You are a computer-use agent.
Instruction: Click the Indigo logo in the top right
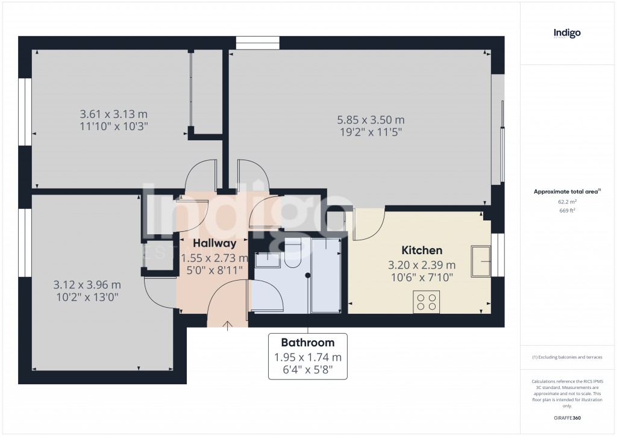click(566, 34)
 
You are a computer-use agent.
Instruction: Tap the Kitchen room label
click(422, 250)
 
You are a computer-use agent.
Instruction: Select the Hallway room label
click(214, 243)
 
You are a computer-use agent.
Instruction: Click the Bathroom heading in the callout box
click(307, 343)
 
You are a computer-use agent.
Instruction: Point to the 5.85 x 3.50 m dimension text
click(371, 120)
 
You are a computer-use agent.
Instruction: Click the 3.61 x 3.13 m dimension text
click(114, 114)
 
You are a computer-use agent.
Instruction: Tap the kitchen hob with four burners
click(426, 301)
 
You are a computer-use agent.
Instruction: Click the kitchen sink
click(481, 258)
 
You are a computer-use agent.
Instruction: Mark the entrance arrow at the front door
click(228, 326)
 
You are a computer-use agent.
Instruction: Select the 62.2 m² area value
click(566, 202)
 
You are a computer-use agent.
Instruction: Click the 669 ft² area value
click(566, 211)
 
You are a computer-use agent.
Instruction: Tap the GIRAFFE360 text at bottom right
click(566, 418)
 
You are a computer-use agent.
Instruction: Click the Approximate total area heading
click(566, 192)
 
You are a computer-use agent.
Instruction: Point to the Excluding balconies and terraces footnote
click(566, 357)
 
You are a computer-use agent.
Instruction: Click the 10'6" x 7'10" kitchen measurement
click(422, 277)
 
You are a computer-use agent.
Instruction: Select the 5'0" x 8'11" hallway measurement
click(214, 270)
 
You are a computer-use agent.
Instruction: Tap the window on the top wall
click(258, 43)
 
